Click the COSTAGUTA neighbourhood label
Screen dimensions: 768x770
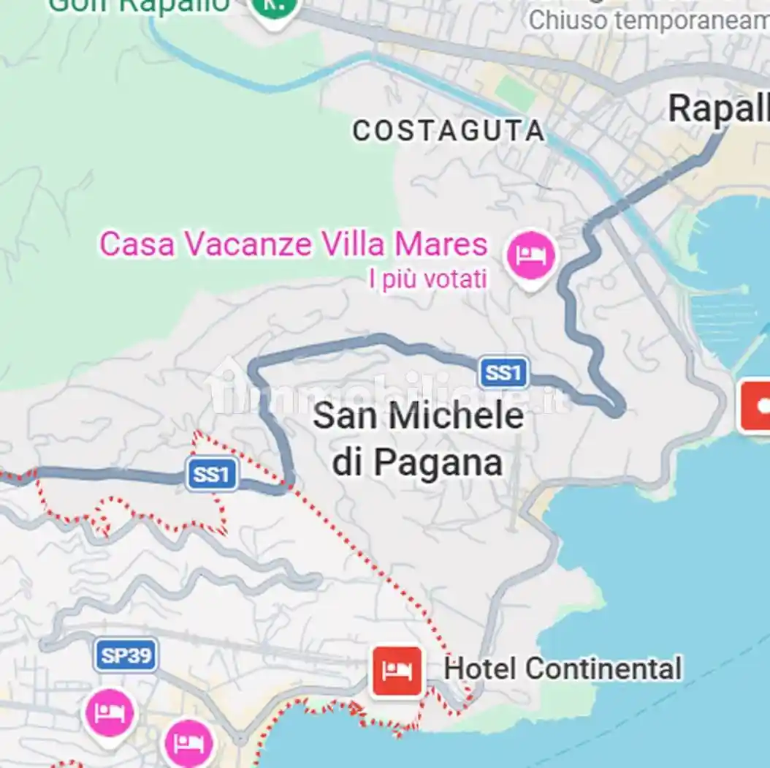[x=449, y=132]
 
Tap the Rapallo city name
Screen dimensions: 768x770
[x=719, y=110]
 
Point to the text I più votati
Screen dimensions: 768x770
[x=428, y=279]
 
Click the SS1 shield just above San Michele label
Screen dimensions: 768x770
[x=503, y=373]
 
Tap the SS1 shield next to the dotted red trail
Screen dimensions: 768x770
[x=212, y=475]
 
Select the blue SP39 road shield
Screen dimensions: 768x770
[x=126, y=655]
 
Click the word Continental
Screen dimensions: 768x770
[x=603, y=669]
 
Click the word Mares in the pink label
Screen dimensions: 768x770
[x=441, y=244]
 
